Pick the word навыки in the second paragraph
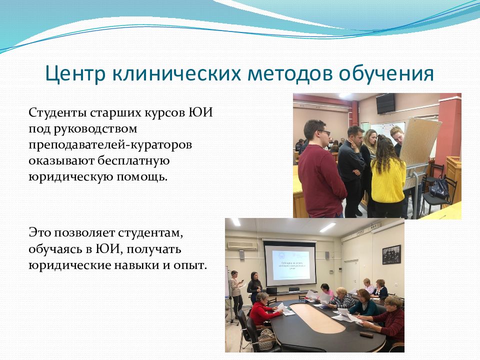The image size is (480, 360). [x=133, y=265]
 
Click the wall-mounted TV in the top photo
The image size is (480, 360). [x=385, y=103]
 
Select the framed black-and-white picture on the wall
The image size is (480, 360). [x=391, y=254]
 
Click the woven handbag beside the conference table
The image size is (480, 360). [x=265, y=340]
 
